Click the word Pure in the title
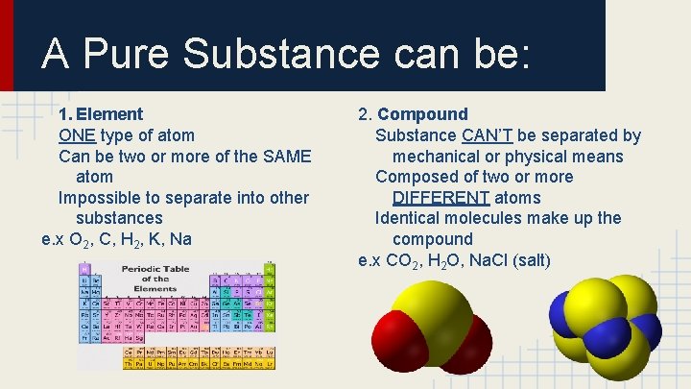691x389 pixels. [127, 54]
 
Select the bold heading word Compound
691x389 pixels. [423, 114]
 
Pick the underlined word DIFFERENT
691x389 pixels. [442, 198]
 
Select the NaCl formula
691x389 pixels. [506, 260]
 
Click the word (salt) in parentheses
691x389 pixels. [551, 260]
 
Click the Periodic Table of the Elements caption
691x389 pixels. [148, 280]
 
